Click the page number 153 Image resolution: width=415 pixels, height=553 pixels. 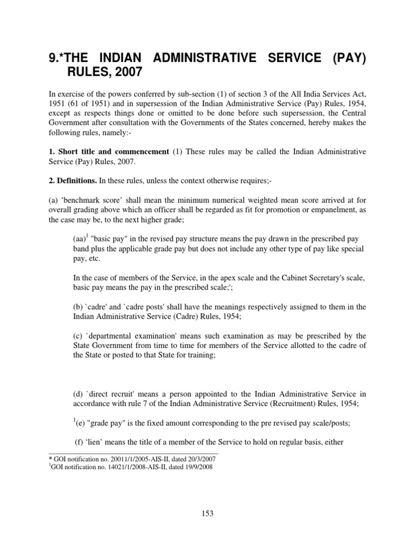[x=207, y=514]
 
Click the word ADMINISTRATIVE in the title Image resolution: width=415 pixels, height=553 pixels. [x=200, y=58]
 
